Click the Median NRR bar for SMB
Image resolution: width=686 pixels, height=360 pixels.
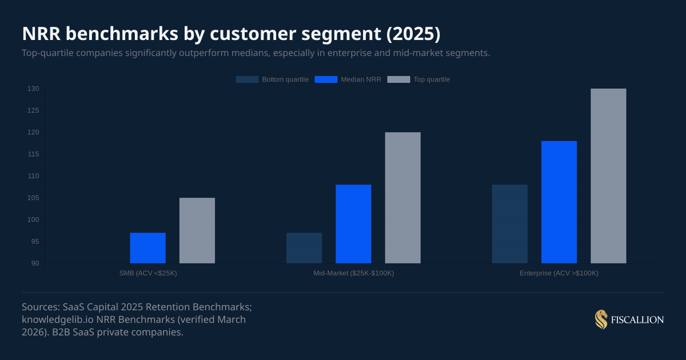click(x=147, y=248)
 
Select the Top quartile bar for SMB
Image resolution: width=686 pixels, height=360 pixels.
click(x=197, y=230)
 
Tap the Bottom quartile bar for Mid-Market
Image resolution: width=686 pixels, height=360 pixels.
click(x=304, y=248)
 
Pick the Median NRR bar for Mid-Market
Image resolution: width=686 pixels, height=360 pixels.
click(x=353, y=224)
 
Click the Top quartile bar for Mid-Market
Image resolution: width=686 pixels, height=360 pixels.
click(x=402, y=198)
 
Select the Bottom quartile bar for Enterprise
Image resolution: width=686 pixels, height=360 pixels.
click(x=509, y=224)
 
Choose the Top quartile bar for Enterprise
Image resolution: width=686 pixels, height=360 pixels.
click(x=608, y=176)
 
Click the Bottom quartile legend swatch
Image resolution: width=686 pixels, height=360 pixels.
click(x=246, y=79)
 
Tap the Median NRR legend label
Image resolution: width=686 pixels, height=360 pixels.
click(x=361, y=79)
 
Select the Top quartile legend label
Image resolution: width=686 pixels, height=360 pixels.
click(x=432, y=79)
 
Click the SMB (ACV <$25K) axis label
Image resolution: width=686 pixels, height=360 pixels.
click(x=147, y=273)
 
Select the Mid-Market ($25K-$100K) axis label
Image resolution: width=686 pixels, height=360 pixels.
click(x=353, y=273)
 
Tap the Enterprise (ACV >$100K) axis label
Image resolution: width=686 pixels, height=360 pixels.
click(x=559, y=273)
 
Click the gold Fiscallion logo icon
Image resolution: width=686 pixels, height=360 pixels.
click(x=601, y=320)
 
